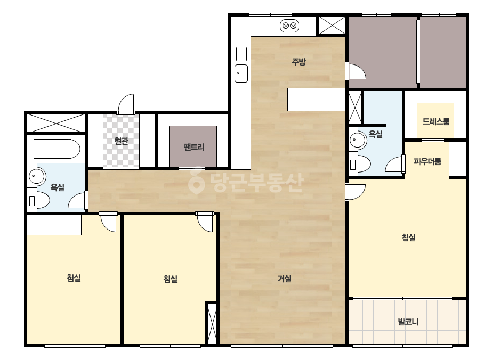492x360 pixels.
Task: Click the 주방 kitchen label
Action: (x=299, y=61)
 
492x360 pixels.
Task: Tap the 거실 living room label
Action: (x=285, y=278)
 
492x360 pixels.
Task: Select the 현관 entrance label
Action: (x=122, y=141)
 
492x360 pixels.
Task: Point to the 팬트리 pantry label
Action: (x=194, y=147)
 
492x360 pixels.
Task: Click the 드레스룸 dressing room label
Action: (x=436, y=121)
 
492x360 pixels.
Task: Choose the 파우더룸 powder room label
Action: (x=428, y=161)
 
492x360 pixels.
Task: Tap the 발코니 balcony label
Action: (x=408, y=322)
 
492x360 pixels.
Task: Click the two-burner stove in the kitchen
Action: (x=289, y=26)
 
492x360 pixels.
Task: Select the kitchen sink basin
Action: (x=241, y=73)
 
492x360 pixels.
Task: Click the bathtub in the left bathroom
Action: (x=57, y=149)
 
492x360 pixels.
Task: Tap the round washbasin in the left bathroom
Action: (x=37, y=176)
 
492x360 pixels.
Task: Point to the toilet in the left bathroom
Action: (x=39, y=200)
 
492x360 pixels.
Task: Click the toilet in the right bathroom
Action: (x=360, y=164)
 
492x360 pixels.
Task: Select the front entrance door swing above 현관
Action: (x=126, y=104)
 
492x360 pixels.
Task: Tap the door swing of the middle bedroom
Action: (x=205, y=222)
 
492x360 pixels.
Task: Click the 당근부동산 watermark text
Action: (x=246, y=182)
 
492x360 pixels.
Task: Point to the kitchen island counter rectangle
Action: (x=316, y=100)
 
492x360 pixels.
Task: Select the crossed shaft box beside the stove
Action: (x=332, y=25)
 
